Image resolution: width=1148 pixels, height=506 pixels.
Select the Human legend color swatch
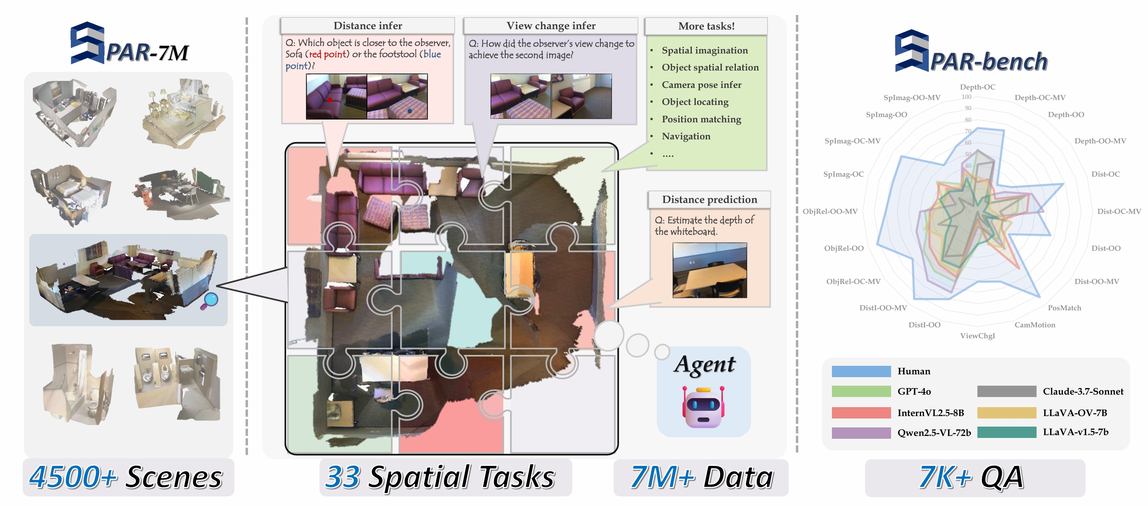tap(861, 371)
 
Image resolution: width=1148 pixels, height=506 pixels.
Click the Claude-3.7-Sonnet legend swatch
tap(1006, 391)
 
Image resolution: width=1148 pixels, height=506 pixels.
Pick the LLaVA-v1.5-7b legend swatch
tap(1006, 432)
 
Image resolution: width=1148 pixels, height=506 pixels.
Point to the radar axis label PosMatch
tap(1064, 308)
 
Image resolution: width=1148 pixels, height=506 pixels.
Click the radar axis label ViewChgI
tap(977, 336)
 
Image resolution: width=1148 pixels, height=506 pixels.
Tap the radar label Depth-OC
tap(977, 87)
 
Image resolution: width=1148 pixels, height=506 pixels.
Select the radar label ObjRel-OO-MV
tap(830, 211)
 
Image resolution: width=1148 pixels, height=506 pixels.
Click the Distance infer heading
tap(368, 26)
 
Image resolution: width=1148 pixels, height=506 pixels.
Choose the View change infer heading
tap(550, 26)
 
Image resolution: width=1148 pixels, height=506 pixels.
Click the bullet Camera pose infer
tap(701, 85)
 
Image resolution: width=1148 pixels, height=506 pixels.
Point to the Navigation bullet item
tap(686, 136)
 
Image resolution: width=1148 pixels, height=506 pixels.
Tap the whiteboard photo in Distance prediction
tap(709, 270)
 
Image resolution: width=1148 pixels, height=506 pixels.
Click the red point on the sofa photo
tap(330, 100)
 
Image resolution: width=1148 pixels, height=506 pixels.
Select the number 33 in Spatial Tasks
tap(342, 477)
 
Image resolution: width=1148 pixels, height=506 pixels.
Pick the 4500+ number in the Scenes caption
tap(73, 477)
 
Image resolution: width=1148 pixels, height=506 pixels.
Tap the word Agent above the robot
tap(705, 365)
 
